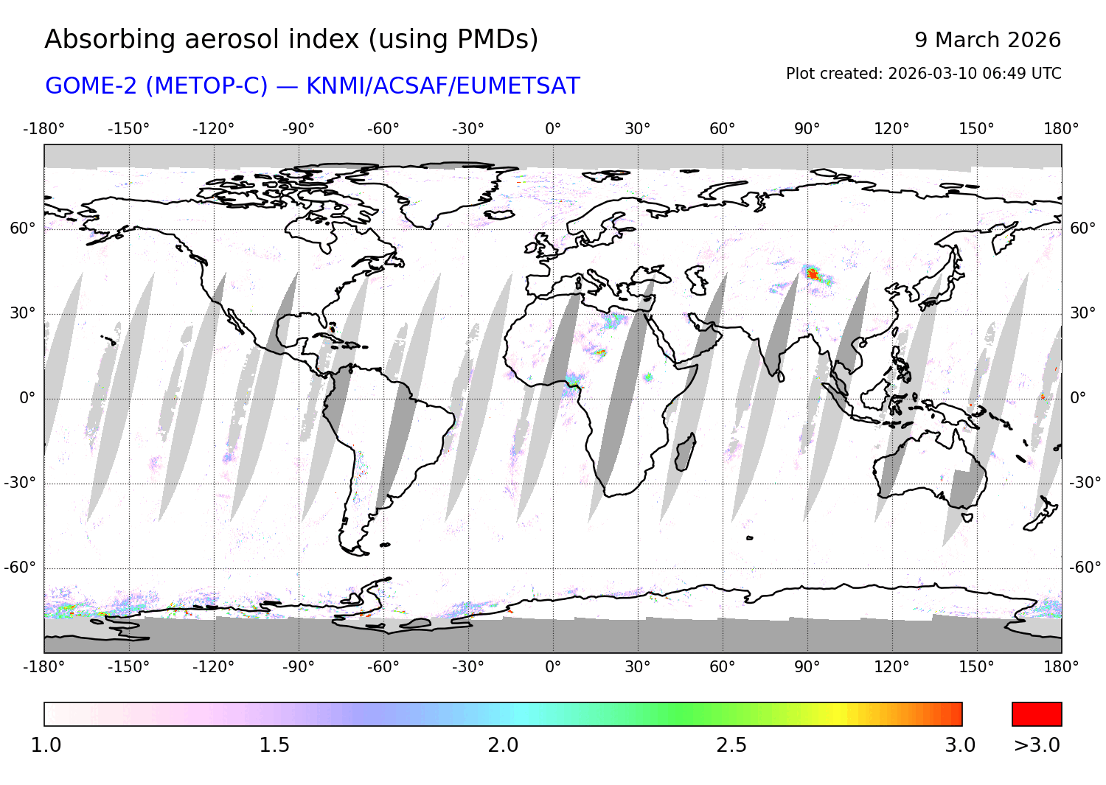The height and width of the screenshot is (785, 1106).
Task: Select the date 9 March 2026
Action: coord(987,40)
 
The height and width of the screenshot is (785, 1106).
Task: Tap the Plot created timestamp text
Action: coord(923,74)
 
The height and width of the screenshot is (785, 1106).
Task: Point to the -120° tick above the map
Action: coord(213,129)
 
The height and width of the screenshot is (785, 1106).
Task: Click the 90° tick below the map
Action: coord(807,667)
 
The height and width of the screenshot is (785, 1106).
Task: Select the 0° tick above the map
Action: coord(553,129)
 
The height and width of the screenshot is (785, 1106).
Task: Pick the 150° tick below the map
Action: coord(976,667)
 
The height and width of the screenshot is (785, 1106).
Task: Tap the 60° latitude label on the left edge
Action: coord(23,228)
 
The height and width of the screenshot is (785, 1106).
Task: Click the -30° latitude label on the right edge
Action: coord(1085,483)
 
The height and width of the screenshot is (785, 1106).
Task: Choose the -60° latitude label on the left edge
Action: coord(20,568)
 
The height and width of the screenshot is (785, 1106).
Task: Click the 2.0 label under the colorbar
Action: coord(503,745)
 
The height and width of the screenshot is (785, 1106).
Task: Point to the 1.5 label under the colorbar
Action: coord(274,745)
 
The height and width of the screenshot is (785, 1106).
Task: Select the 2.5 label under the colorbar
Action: coord(731,745)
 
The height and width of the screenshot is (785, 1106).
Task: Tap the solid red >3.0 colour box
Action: coord(1037,714)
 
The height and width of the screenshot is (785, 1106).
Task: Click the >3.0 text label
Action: coord(1037,745)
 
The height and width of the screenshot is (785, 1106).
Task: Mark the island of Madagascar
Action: coord(686,453)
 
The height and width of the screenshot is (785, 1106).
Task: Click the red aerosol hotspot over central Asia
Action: coord(813,274)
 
